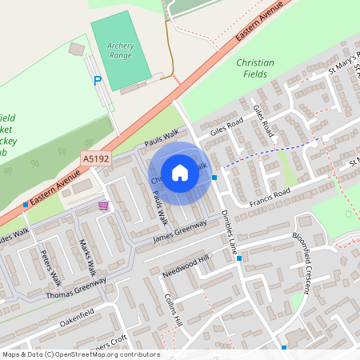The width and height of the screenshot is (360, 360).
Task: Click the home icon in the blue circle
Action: (x=179, y=172)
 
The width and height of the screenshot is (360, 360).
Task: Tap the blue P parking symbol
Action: (x=98, y=81)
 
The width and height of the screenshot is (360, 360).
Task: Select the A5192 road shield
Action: (x=95, y=160)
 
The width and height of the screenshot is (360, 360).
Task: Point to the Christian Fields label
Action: (x=255, y=68)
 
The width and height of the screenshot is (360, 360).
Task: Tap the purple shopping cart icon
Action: (x=103, y=206)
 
